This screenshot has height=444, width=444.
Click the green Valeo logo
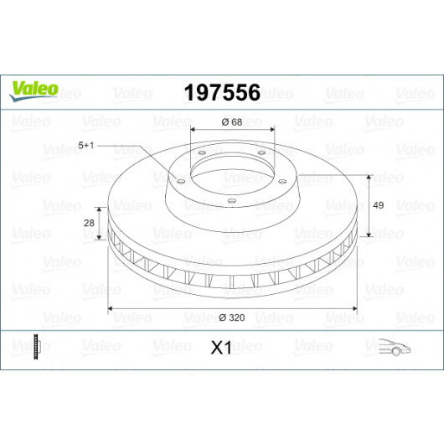click(x=34, y=90)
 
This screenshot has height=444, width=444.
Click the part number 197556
click(x=222, y=93)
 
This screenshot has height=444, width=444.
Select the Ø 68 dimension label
click(x=232, y=122)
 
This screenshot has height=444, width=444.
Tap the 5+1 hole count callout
click(x=85, y=146)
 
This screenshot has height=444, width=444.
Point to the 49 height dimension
click(x=379, y=205)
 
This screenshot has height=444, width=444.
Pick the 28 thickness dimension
click(x=89, y=223)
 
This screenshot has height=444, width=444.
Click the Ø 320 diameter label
click(x=232, y=318)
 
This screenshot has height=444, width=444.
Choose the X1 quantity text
click(x=221, y=348)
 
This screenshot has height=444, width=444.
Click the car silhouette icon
click(x=395, y=347)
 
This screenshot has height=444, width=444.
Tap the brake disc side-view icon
click(x=37, y=347)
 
